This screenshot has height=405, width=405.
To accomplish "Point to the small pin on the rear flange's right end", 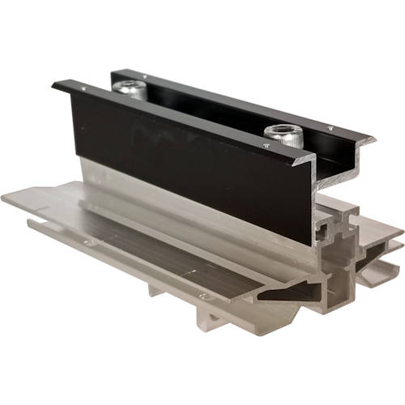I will pos(330,128).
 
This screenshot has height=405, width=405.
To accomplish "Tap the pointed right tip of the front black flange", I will pos(313,160).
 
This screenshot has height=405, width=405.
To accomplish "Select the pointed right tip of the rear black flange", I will pos(375,139).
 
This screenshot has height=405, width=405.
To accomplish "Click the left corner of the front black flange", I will pos(53,83).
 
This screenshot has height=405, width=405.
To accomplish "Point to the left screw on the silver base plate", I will pos(87,241).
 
